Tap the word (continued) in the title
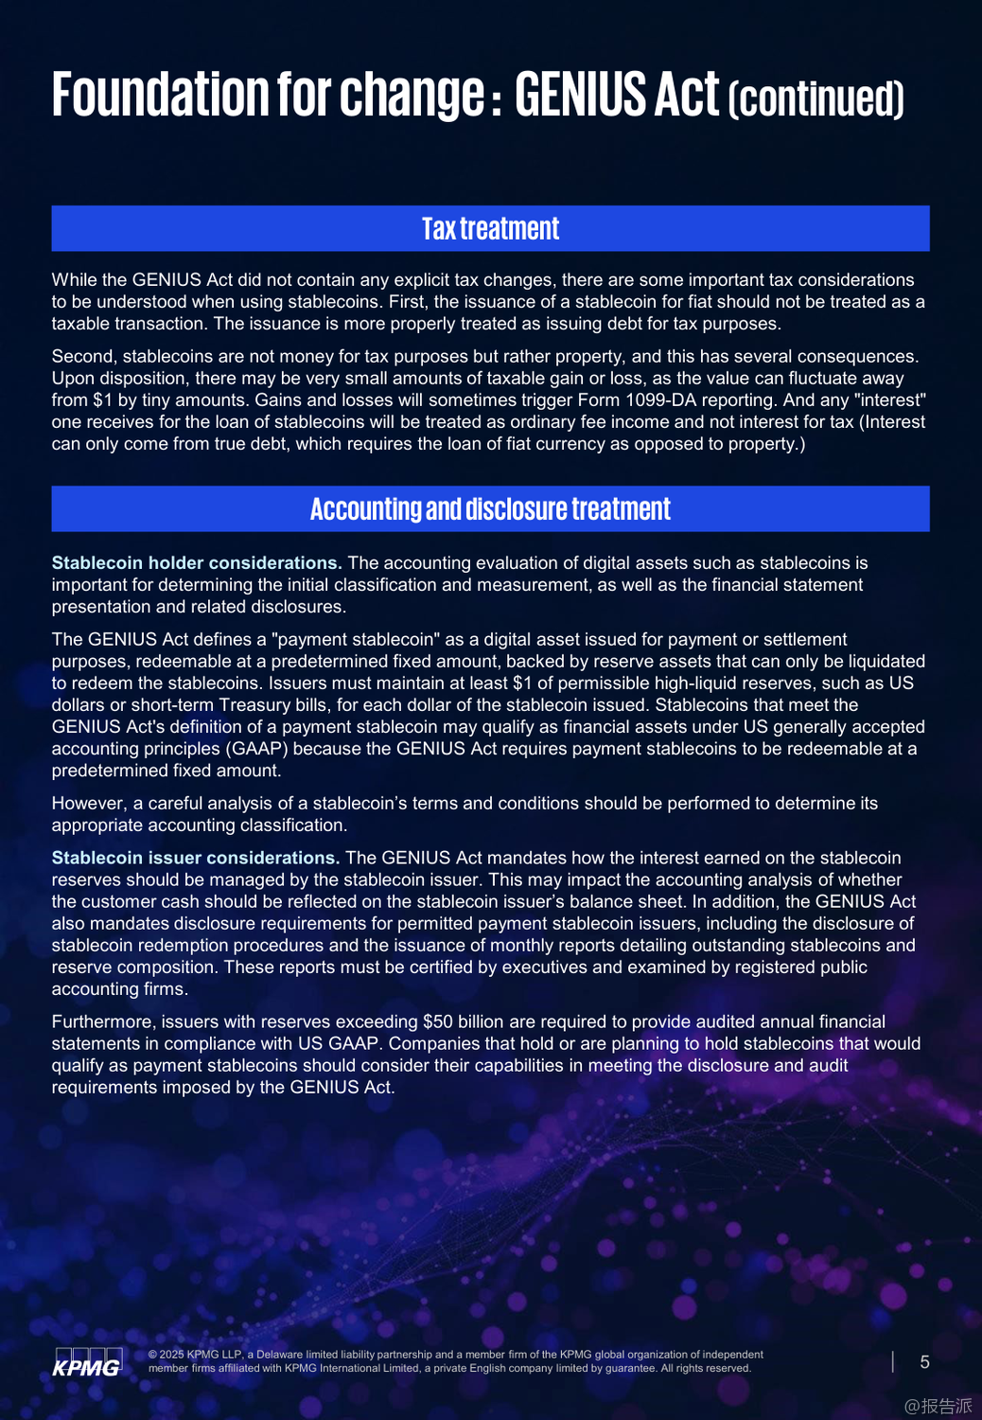[816, 98]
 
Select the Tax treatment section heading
[490, 229]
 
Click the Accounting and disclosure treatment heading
[490, 509]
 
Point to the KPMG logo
[87, 1362]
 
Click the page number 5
[924, 1362]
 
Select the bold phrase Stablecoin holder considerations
[196, 563]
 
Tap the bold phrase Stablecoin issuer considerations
[195, 859]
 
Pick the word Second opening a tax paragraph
[83, 357]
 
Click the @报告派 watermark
[938, 1406]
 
